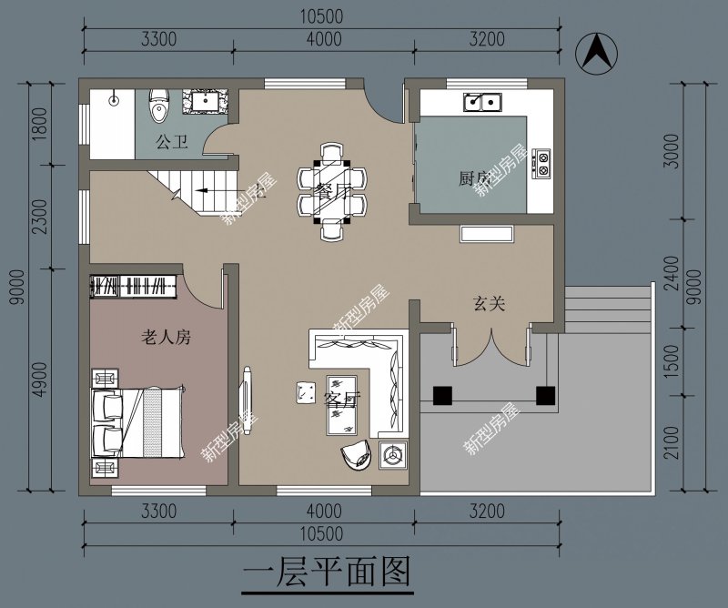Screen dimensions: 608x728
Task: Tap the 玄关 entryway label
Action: tap(489, 304)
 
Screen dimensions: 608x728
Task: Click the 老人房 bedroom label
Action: tap(167, 338)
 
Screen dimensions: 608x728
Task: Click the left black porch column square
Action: tap(442, 396)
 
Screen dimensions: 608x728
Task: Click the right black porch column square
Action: tap(545, 396)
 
